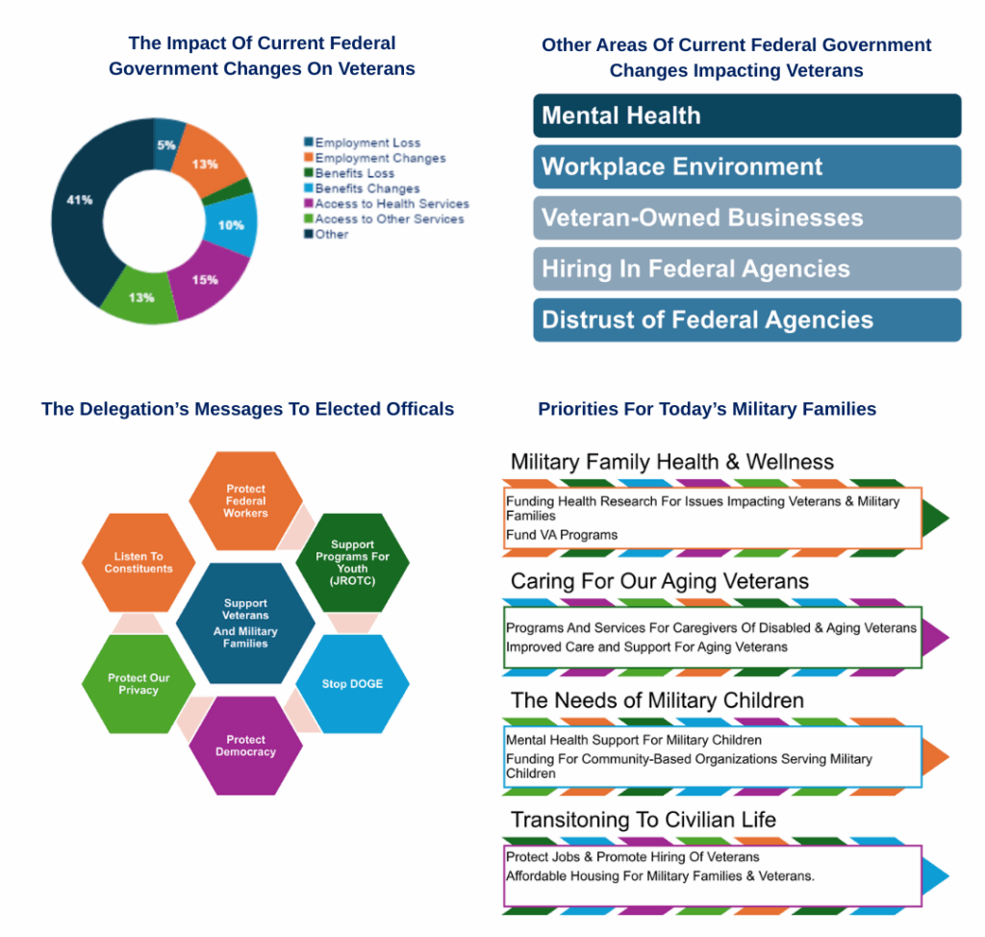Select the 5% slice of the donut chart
click(x=167, y=143)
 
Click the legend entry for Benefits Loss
click(x=349, y=173)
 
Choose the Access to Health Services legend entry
click(x=387, y=204)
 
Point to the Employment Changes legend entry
click(x=375, y=158)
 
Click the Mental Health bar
click(x=746, y=115)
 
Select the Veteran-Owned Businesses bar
click(x=746, y=217)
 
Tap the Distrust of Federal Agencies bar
click(x=746, y=320)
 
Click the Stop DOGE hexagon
click(x=352, y=684)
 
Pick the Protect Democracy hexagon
click(x=245, y=746)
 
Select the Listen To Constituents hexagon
click(x=139, y=563)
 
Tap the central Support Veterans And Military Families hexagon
click(x=245, y=622)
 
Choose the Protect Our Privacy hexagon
click(x=139, y=684)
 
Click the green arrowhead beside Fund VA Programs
click(x=935, y=518)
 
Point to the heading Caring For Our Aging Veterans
click(x=660, y=581)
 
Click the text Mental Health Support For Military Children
click(x=634, y=740)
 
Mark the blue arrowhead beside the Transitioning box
click(x=935, y=876)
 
